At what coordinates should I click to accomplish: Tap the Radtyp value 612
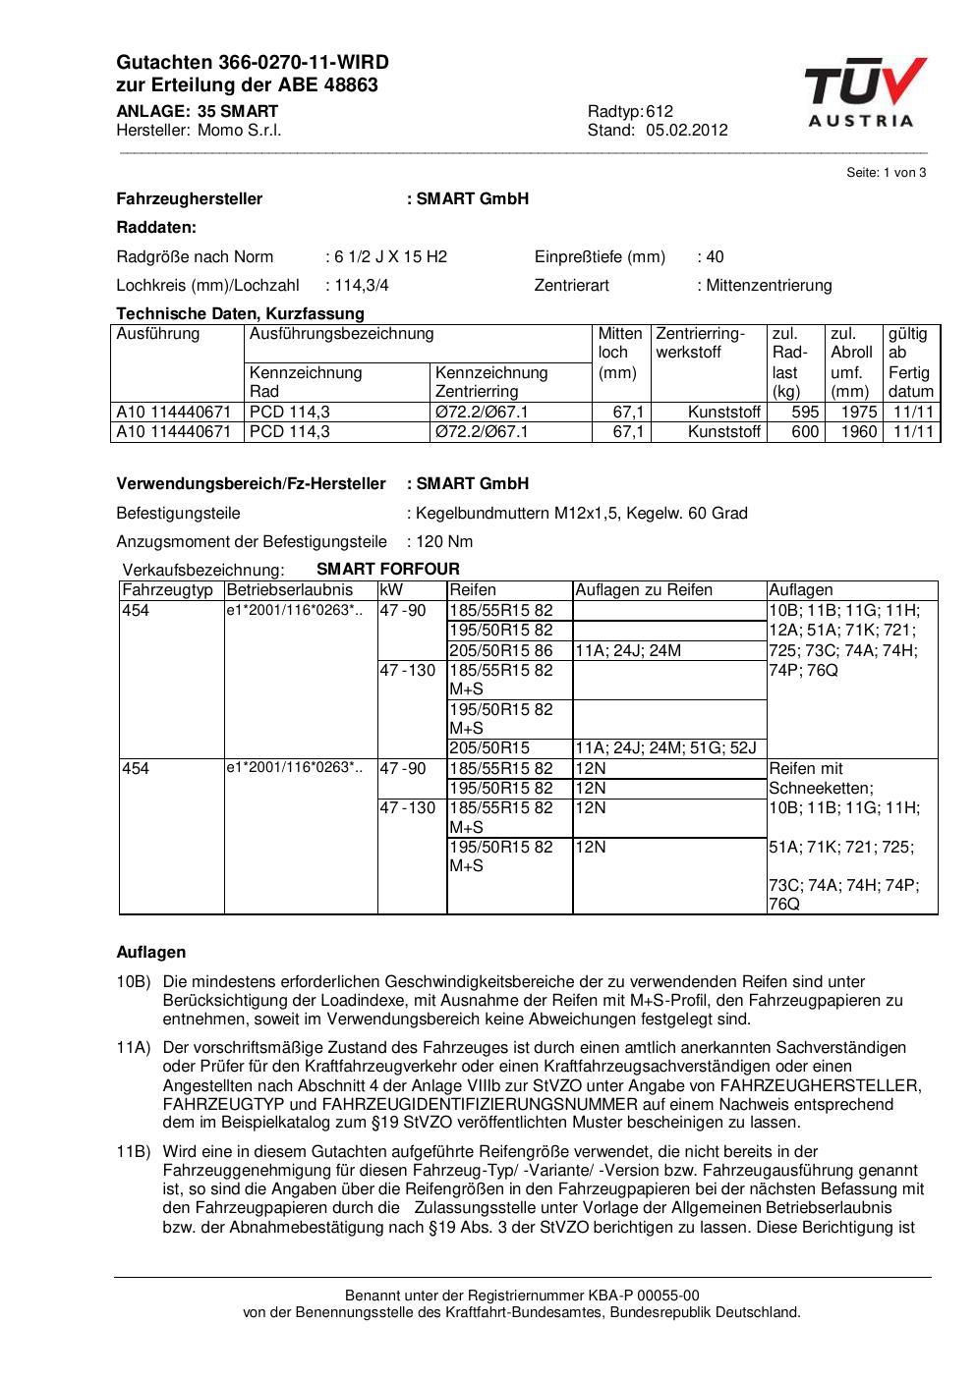660,111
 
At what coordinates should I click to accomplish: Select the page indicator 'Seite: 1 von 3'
886,173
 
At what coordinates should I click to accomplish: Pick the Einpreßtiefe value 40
715,257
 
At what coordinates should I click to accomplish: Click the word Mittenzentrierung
769,286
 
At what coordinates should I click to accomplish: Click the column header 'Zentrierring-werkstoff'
701,343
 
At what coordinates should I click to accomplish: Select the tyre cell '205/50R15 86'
501,650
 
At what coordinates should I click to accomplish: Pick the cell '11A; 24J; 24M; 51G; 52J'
665,748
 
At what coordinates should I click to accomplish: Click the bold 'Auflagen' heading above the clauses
151,953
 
